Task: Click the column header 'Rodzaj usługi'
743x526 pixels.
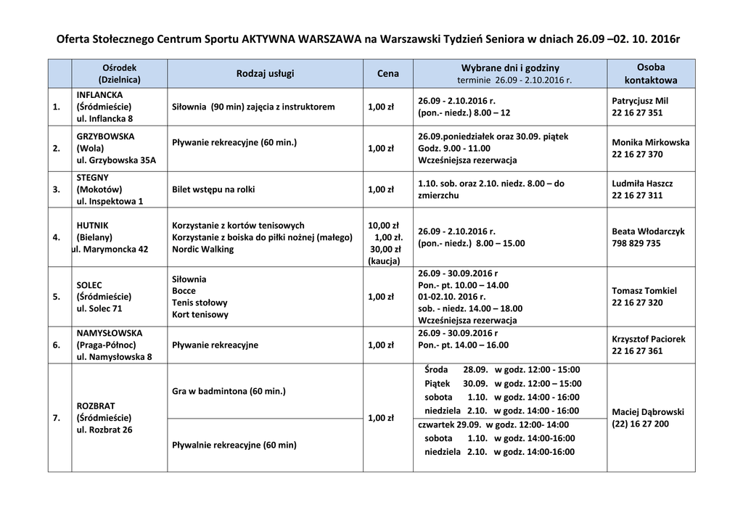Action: pyautogui.click(x=266, y=74)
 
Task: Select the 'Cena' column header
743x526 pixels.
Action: pyautogui.click(x=388, y=74)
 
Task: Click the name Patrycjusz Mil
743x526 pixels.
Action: pyautogui.click(x=640, y=101)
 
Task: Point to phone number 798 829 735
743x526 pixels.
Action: pyautogui.click(x=636, y=244)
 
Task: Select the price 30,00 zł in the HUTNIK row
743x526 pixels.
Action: pyautogui.click(x=385, y=249)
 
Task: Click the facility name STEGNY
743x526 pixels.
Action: pyautogui.click(x=92, y=177)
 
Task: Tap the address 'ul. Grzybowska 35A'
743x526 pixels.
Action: pyautogui.click(x=116, y=160)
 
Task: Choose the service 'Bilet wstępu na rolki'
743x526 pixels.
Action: pyautogui.click(x=214, y=189)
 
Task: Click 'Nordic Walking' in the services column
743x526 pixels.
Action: pyautogui.click(x=202, y=249)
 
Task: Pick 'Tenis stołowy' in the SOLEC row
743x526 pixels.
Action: pyautogui.click(x=200, y=303)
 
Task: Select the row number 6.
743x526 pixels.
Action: pyautogui.click(x=57, y=345)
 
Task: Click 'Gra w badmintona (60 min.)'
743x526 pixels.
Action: pyautogui.click(x=229, y=391)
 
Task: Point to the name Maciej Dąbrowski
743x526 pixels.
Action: pyautogui.click(x=648, y=412)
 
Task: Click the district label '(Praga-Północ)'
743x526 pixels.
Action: pyautogui.click(x=106, y=345)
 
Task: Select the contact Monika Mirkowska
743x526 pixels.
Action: pyautogui.click(x=650, y=142)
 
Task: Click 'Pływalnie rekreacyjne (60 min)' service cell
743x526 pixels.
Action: pyautogui.click(x=234, y=445)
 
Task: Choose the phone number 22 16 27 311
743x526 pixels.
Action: pyautogui.click(x=637, y=196)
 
